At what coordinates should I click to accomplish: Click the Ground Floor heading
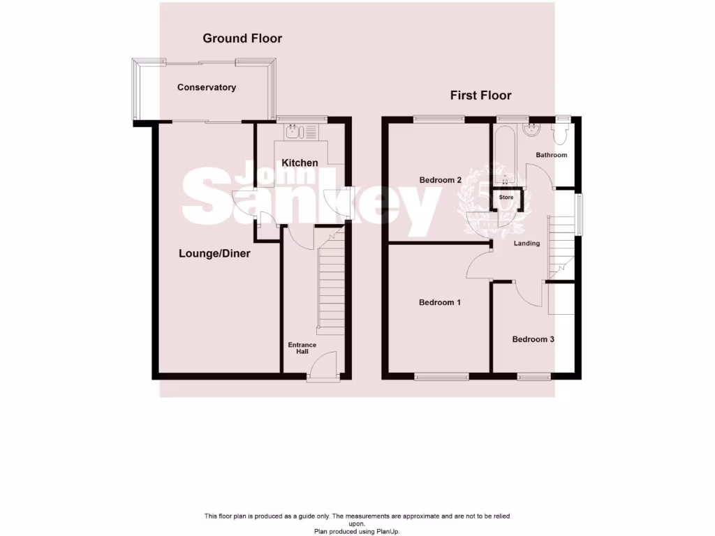click(242, 38)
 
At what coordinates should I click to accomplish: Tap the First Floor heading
click(480, 96)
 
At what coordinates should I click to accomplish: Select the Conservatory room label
click(206, 88)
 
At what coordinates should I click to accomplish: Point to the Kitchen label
click(300, 163)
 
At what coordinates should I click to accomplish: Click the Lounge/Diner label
click(214, 254)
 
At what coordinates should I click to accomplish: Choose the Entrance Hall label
click(302, 348)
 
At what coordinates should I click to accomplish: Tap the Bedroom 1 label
click(440, 303)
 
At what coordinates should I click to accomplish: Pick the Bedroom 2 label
click(441, 180)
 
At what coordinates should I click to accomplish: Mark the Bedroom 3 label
click(533, 340)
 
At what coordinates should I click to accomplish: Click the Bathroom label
click(551, 155)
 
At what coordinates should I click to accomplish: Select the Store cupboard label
click(506, 198)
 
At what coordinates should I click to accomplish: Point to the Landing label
click(526, 244)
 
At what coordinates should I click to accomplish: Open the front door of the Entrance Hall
click(323, 367)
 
